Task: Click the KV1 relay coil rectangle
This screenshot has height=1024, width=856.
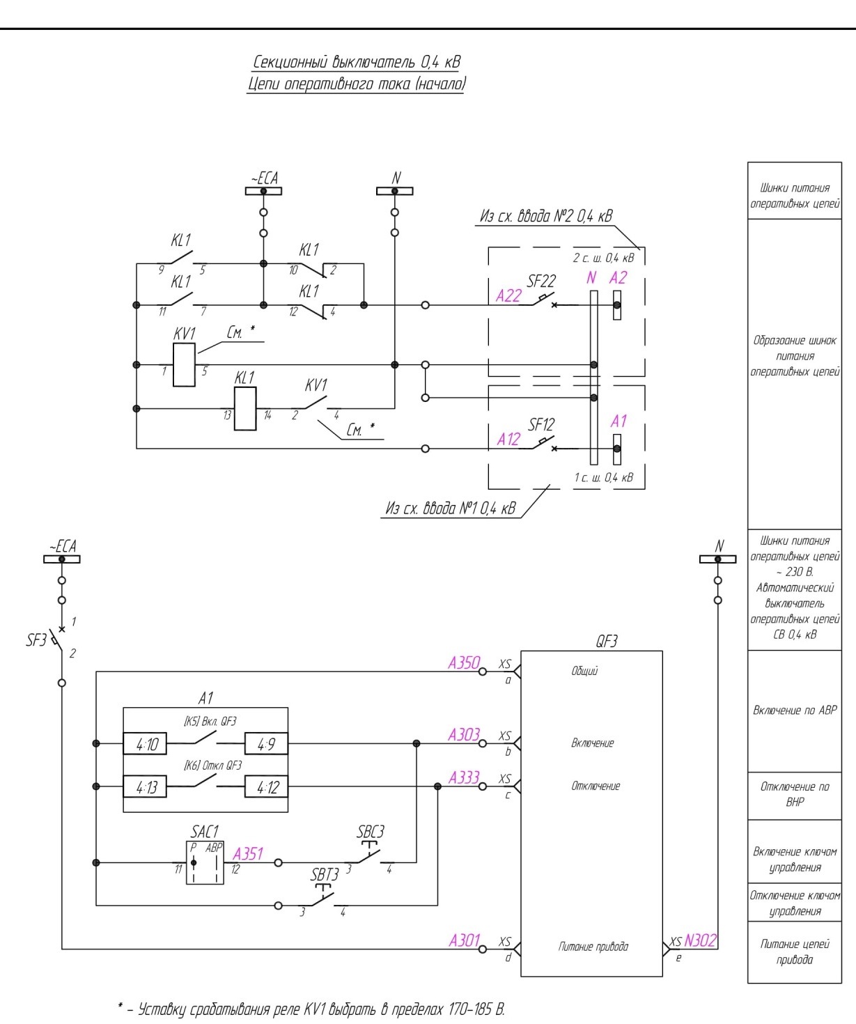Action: click(184, 364)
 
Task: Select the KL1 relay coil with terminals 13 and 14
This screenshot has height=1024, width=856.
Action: click(245, 408)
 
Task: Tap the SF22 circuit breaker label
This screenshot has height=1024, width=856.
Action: click(541, 281)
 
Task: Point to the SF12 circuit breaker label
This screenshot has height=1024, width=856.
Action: click(541, 424)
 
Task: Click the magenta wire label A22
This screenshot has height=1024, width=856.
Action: click(508, 296)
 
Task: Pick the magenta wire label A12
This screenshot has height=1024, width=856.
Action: click(508, 440)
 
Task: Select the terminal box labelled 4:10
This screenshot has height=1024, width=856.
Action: click(145, 743)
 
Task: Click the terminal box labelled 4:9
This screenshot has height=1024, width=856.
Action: click(266, 743)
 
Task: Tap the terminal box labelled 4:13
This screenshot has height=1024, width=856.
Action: click(145, 786)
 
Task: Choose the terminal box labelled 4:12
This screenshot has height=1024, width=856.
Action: click(266, 786)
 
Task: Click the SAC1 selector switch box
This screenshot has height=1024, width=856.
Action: click(205, 862)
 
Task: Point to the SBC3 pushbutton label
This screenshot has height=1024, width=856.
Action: click(371, 832)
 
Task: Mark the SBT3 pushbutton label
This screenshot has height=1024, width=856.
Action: click(325, 874)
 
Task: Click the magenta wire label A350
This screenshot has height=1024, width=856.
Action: click(464, 663)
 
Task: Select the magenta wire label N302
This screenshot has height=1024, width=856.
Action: click(700, 940)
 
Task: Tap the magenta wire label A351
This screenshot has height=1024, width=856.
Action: click(248, 854)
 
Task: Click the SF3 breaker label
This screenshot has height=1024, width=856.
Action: click(36, 640)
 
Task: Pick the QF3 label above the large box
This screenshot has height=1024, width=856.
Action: click(607, 641)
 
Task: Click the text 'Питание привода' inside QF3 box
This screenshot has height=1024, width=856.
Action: click(593, 947)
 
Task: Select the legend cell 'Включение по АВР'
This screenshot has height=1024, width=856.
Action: click(795, 710)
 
